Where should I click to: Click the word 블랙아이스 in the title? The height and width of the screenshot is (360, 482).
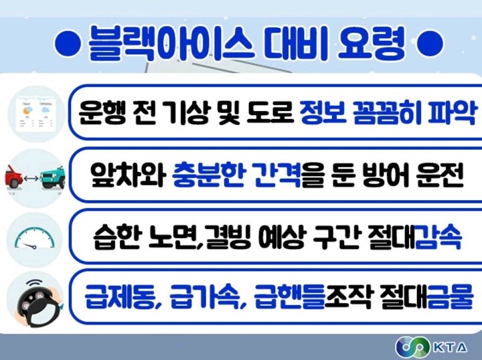pos(171,43)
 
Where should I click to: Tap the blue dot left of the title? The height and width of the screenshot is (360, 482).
pos(68,43)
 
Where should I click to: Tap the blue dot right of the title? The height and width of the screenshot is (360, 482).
pos(430,43)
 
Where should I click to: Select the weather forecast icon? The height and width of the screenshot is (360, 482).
pos(36,114)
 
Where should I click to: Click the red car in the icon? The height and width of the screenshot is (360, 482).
pos(14,176)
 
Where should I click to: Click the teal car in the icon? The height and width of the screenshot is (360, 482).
pos(53,177)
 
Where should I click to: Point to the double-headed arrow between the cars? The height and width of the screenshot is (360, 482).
pos(31,178)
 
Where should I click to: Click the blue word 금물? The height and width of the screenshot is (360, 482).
pos(450,296)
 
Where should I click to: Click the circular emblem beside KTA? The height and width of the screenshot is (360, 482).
pos(412,347)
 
